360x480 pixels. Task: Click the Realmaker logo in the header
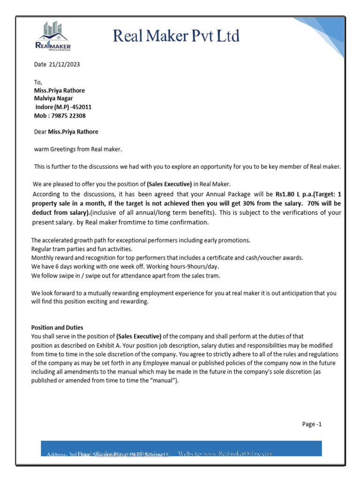pyautogui.click(x=52, y=37)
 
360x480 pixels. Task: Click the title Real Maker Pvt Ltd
pyautogui.click(x=176, y=36)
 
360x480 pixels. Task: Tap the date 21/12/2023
pyautogui.click(x=65, y=65)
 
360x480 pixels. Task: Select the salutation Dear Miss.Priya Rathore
pyautogui.click(x=66, y=132)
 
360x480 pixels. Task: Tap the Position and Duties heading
pyautogui.click(x=57, y=328)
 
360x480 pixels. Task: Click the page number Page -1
pyautogui.click(x=312, y=424)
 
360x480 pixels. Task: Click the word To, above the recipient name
pyautogui.click(x=38, y=82)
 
